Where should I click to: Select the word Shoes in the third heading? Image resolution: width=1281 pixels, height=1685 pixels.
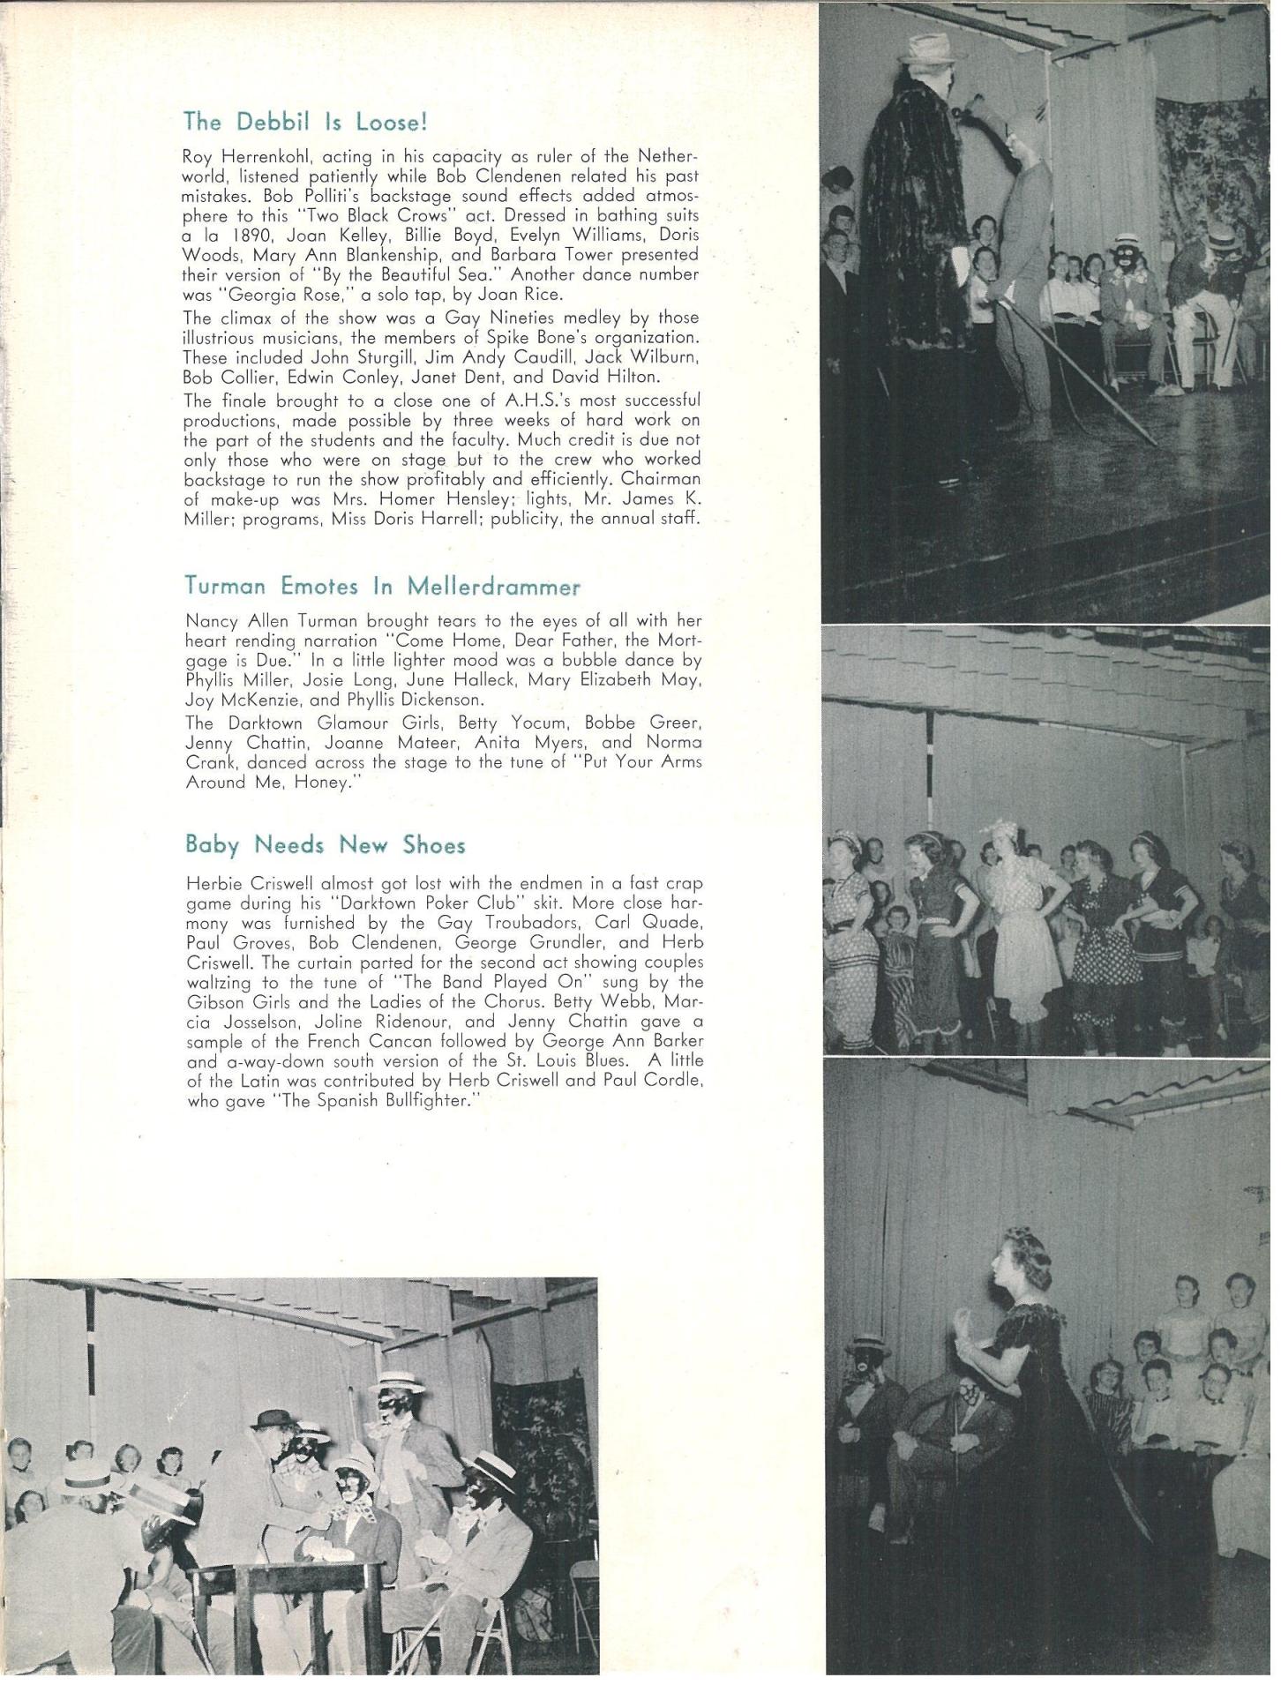[434, 845]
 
